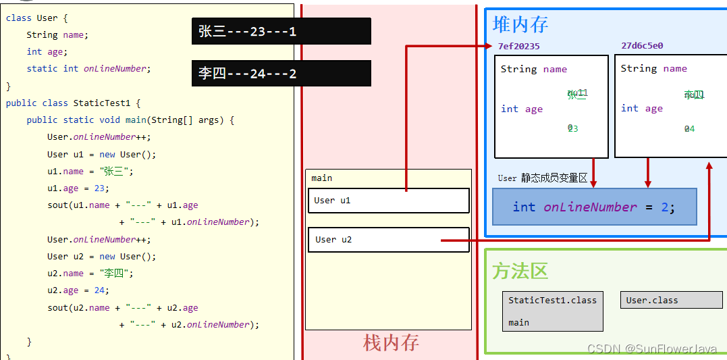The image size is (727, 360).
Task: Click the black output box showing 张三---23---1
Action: [281, 31]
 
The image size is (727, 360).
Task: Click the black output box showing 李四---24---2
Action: [281, 74]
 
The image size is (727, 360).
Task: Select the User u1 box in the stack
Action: [387, 201]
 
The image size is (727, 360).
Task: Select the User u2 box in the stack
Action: [387, 240]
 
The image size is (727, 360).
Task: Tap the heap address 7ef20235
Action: [518, 46]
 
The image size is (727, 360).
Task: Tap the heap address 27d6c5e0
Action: [642, 46]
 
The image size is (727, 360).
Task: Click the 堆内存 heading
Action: [520, 24]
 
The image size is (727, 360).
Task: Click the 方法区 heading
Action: [520, 271]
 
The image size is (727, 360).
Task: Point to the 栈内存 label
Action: [391, 343]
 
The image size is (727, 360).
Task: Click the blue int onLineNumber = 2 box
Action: [594, 207]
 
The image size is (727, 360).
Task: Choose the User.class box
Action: [671, 300]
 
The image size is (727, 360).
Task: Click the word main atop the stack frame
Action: [322, 178]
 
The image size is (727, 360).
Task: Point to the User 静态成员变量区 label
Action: [543, 178]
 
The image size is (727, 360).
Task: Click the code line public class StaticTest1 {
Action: [73, 103]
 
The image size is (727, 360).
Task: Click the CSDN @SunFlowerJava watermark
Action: [651, 349]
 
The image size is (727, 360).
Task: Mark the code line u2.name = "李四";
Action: [90, 274]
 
